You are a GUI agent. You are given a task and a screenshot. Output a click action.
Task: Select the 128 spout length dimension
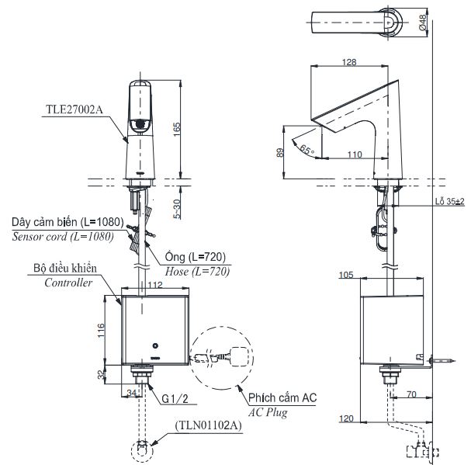click(350, 62)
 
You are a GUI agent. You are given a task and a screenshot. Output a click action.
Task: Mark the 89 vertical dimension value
click(280, 154)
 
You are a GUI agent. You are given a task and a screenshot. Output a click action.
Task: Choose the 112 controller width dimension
click(154, 284)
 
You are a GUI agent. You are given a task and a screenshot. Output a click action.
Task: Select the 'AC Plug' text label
click(268, 412)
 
